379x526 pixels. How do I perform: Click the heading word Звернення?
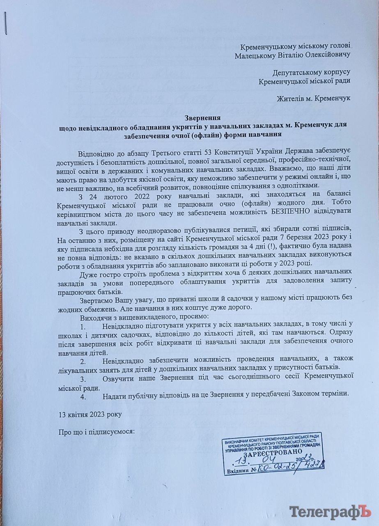(203, 118)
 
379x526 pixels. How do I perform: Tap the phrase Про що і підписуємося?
(97, 432)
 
